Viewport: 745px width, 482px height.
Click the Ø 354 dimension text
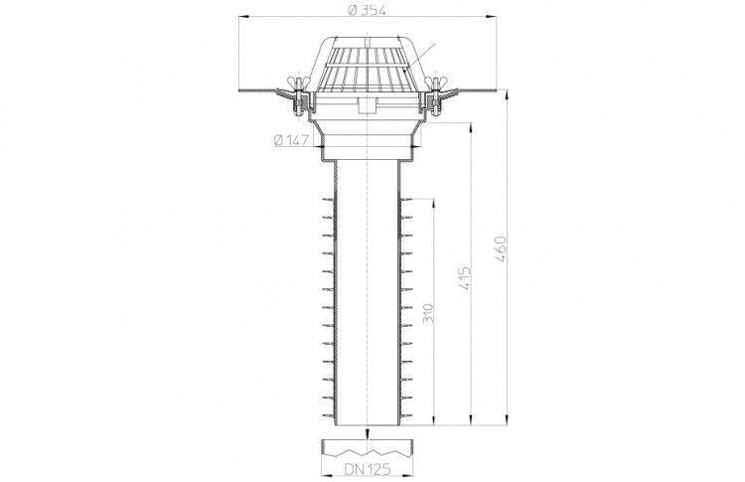[x=367, y=10]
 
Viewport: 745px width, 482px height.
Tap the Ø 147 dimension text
[x=292, y=140]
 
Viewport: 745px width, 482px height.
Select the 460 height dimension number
[x=501, y=248]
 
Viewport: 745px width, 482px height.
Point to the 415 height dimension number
[x=464, y=278]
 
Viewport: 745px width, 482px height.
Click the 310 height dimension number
[x=428, y=313]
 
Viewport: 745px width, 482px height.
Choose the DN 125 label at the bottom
[x=368, y=469]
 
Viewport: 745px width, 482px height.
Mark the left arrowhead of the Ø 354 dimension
[x=243, y=18]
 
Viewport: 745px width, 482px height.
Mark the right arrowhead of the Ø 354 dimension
[x=492, y=18]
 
